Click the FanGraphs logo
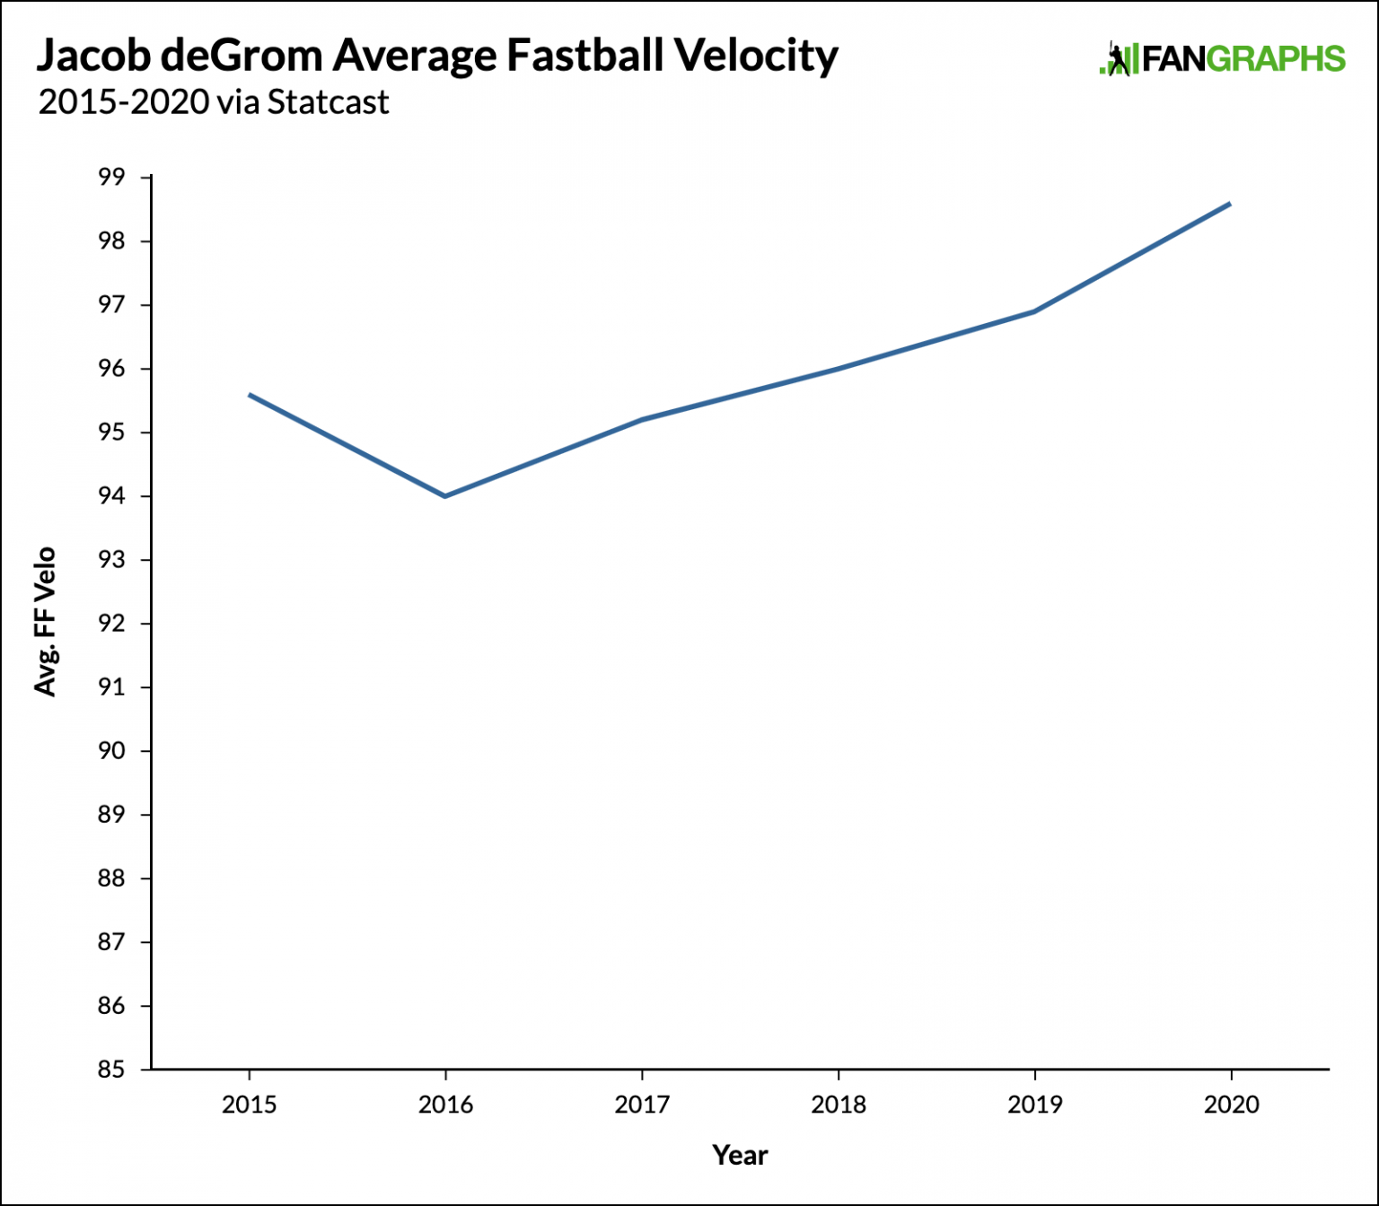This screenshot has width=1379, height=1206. click(1223, 59)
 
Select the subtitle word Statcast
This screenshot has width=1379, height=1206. click(328, 102)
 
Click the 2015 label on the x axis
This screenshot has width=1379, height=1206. click(249, 1105)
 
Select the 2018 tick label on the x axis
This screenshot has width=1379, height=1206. click(839, 1105)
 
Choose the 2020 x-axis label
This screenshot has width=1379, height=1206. click(1231, 1105)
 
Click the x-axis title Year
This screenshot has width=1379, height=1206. click(740, 1155)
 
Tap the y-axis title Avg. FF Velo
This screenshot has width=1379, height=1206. click(45, 621)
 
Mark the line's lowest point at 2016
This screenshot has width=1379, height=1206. click(445, 496)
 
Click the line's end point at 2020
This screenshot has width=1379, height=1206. click(1230, 204)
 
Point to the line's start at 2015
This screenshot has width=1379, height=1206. click(250, 395)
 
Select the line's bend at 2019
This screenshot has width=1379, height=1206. click(1034, 311)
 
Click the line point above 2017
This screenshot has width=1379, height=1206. click(642, 420)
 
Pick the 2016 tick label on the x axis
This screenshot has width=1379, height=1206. click(445, 1105)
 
